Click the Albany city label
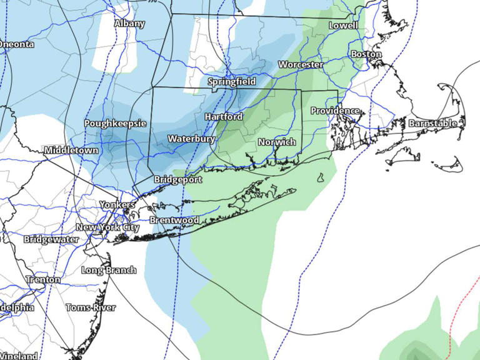pyautogui.click(x=129, y=24)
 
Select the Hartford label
pyautogui.click(x=223, y=117)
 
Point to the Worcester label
pyautogui.click(x=301, y=64)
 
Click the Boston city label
pyautogui.click(x=366, y=54)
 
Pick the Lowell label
pyautogui.click(x=344, y=26)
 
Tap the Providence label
pyautogui.click(x=336, y=111)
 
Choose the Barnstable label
pyautogui.click(x=432, y=124)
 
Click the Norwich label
pyautogui.click(x=277, y=142)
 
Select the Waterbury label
pyautogui.click(x=191, y=139)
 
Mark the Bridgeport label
pyautogui.click(x=178, y=179)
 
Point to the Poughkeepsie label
pyautogui.click(x=115, y=123)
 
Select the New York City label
pyautogui.click(x=107, y=227)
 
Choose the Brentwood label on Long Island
pyautogui.click(x=174, y=220)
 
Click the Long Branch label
pyautogui.click(x=109, y=270)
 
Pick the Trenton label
pyautogui.click(x=43, y=279)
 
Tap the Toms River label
pyautogui.click(x=91, y=307)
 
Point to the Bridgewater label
pyautogui.click(x=51, y=239)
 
